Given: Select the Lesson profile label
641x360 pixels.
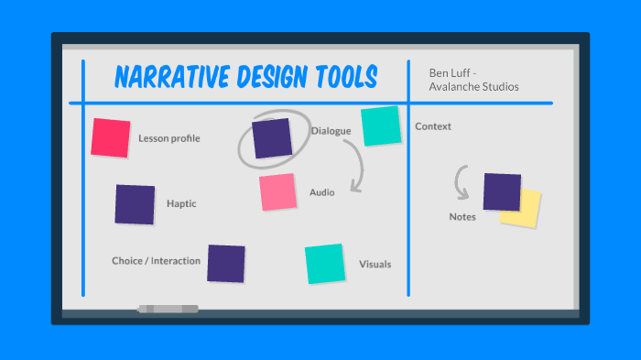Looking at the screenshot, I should tap(169, 138).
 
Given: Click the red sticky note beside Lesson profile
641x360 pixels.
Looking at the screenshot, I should tap(111, 137).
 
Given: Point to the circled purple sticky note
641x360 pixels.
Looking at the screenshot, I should tap(272, 137).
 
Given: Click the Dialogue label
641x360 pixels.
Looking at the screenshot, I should tap(331, 131).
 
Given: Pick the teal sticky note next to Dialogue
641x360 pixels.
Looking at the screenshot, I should tap(381, 125).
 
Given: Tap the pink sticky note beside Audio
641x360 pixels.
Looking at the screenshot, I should tap(277, 192).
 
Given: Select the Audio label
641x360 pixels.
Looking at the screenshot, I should tap(321, 192).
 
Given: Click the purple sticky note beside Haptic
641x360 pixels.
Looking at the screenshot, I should tap(135, 204).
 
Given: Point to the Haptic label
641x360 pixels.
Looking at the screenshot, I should tap(181, 203).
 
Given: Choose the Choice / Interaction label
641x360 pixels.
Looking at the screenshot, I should tap(156, 261).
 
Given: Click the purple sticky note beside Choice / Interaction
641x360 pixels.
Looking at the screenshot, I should tap(226, 263).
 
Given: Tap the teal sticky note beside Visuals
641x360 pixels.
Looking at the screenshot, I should tap(325, 263).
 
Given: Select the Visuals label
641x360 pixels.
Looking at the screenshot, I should tap(375, 265).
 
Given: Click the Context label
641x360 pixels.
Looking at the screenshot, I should tap(433, 126).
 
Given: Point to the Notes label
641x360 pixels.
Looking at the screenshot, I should tap(462, 217).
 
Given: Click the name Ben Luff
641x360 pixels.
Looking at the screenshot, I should tap(451, 72).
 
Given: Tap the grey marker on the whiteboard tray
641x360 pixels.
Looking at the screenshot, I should tap(168, 309).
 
